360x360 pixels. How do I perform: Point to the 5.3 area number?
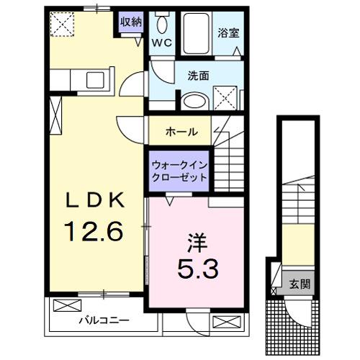pos(195,268)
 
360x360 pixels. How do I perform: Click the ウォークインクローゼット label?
pos(179,170)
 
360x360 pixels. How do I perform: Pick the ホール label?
pos(179,132)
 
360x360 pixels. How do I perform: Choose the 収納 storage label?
pos(131,21)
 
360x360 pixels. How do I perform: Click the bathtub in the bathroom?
pos(195,33)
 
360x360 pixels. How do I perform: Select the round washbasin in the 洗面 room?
pos(192,100)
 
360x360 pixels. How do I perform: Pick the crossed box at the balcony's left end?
pos(62,305)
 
